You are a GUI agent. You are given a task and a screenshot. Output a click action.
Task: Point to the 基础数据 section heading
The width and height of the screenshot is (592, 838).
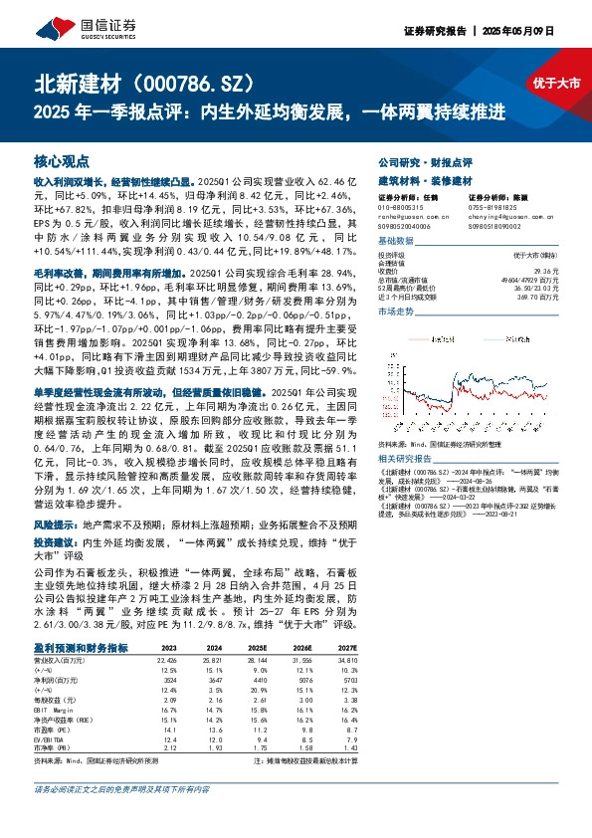[398, 242]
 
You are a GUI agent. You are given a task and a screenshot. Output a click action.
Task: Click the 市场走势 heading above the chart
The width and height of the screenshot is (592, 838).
[398, 312]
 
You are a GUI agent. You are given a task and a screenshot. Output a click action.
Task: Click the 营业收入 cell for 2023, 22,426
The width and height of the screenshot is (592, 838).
[166, 630]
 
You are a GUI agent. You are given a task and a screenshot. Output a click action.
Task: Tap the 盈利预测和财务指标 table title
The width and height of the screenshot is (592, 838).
[94, 618]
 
